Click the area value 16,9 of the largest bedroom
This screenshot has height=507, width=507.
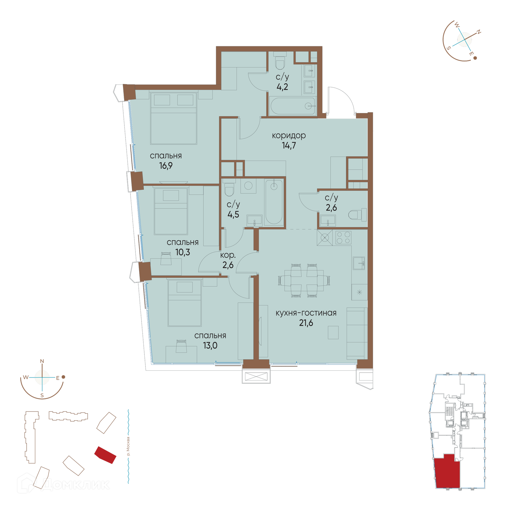pos(166,166)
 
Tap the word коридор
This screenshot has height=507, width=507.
pos(289,135)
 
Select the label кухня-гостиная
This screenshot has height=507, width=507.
pos(306,313)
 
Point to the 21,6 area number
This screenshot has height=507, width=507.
pos(306,323)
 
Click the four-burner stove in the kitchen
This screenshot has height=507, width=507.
pos(343,237)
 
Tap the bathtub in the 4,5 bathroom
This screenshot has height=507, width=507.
pos(274,202)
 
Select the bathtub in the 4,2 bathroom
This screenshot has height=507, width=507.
pos(293,106)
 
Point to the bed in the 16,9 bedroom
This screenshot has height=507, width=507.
pos(173,118)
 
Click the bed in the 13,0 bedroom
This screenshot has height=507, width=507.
pos(185,303)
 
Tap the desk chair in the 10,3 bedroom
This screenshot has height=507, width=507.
pos(166,258)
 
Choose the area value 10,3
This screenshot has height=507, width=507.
pos(183,252)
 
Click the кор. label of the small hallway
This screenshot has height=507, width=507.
pos(228,255)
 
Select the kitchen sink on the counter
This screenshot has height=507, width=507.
pos(359,263)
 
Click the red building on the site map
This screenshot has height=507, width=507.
pos(105,455)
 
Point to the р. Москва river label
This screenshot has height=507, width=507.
pos(128,446)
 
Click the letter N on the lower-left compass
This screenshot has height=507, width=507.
pos(42,361)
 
